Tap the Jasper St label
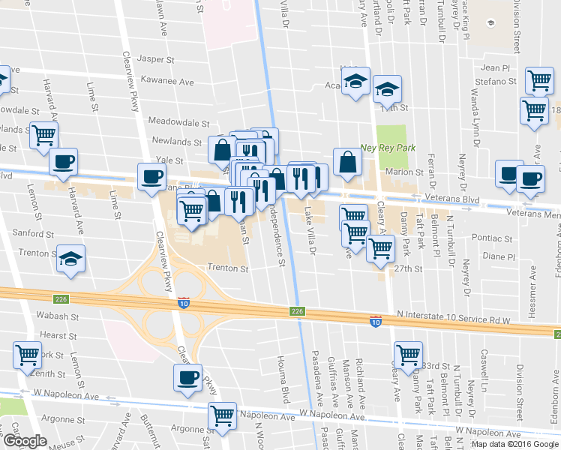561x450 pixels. [x=156, y=58]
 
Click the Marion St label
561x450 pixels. [x=405, y=172]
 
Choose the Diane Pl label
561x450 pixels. [x=499, y=256]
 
